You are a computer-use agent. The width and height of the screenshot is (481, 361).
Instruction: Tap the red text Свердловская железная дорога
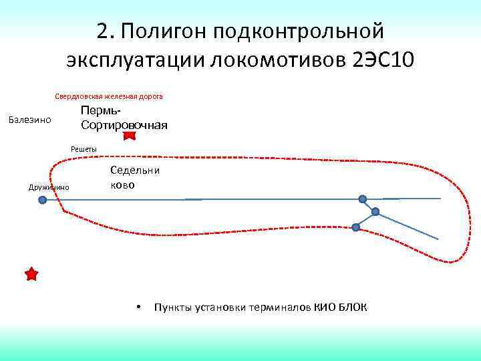pyautogui.click(x=109, y=96)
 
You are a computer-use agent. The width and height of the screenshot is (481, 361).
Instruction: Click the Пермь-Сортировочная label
pyautogui.click(x=124, y=118)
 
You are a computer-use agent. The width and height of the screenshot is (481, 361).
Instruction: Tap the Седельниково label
pyautogui.click(x=134, y=177)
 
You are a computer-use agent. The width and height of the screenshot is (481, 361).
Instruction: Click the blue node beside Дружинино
pyautogui.click(x=43, y=199)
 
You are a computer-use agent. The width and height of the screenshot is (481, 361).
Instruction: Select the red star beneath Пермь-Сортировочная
pyautogui.click(x=130, y=136)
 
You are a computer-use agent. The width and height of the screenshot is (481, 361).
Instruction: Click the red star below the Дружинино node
pyautogui.click(x=31, y=274)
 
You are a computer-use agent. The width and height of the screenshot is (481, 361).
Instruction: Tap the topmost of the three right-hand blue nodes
pyautogui.click(x=363, y=199)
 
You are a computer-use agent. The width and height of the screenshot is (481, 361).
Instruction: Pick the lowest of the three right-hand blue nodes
pyautogui.click(x=355, y=227)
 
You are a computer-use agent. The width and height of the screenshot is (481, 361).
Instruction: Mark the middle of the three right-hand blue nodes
pyautogui.click(x=375, y=212)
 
